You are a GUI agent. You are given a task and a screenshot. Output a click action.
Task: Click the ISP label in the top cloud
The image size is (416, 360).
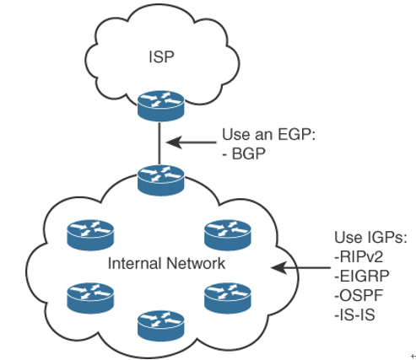pyautogui.click(x=161, y=56)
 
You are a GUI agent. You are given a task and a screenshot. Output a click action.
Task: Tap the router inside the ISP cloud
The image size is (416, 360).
pyautogui.click(x=161, y=105)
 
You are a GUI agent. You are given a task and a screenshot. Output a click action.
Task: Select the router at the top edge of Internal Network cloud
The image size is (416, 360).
pyautogui.click(x=161, y=180)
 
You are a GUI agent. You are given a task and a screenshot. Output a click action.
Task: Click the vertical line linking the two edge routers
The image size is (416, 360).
pyautogui.click(x=159, y=143)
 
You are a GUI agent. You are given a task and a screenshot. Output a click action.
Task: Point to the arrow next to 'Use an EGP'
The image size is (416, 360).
pyautogui.click(x=192, y=142)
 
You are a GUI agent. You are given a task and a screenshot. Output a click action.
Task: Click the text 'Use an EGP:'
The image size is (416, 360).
pyautogui.click(x=268, y=134)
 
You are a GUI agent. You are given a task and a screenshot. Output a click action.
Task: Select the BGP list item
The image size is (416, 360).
pyautogui.click(x=244, y=153)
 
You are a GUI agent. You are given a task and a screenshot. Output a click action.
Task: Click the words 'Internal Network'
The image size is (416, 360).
pyautogui.click(x=166, y=264)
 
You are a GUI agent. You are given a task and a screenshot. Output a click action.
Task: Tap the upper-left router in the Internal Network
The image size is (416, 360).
pyautogui.click(x=90, y=235)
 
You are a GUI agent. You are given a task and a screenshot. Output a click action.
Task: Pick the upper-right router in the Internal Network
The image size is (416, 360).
pyautogui.click(x=228, y=235)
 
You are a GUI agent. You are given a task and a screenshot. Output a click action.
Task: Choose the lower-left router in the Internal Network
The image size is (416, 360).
pyautogui.click(x=90, y=298)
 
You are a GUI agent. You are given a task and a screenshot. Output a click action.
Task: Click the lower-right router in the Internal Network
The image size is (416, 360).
pyautogui.click(x=228, y=298)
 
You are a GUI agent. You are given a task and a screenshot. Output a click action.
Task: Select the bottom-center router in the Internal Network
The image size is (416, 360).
pyautogui.click(x=161, y=326)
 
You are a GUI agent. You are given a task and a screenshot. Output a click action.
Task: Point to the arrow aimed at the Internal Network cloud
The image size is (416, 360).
pyautogui.click(x=300, y=267)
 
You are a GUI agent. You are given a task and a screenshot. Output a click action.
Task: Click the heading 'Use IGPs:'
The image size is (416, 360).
pyautogui.click(x=370, y=238)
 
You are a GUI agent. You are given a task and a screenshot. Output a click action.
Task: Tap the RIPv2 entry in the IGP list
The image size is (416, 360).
pyautogui.click(x=359, y=256)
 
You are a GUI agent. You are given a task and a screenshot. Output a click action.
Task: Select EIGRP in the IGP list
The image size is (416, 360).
pyautogui.click(x=362, y=276)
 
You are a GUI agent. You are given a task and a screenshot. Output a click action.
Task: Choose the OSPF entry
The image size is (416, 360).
pyautogui.click(x=359, y=295)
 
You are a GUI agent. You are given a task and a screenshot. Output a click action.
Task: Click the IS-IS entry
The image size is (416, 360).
pyautogui.click(x=354, y=314)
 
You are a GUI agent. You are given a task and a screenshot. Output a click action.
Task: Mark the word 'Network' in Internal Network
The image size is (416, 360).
pyautogui.click(x=196, y=264)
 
